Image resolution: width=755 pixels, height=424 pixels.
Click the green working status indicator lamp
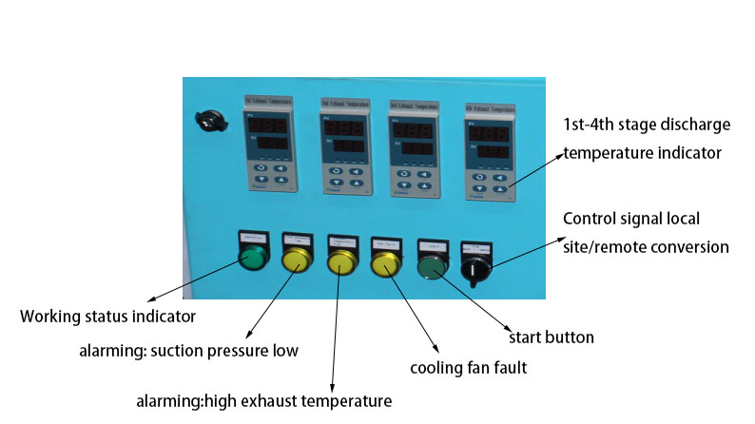(x=254, y=260)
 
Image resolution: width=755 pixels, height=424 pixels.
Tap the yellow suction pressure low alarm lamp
(x=297, y=261)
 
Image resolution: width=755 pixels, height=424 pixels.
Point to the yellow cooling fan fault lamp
(x=385, y=264)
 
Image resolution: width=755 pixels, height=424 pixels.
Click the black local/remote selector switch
(x=473, y=269)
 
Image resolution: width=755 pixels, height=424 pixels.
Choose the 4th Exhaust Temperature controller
(x=489, y=151)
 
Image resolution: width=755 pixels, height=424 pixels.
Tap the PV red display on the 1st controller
(x=266, y=125)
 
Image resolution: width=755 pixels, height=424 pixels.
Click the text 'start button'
(x=552, y=337)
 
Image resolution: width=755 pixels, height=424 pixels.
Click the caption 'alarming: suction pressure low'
(x=188, y=351)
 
